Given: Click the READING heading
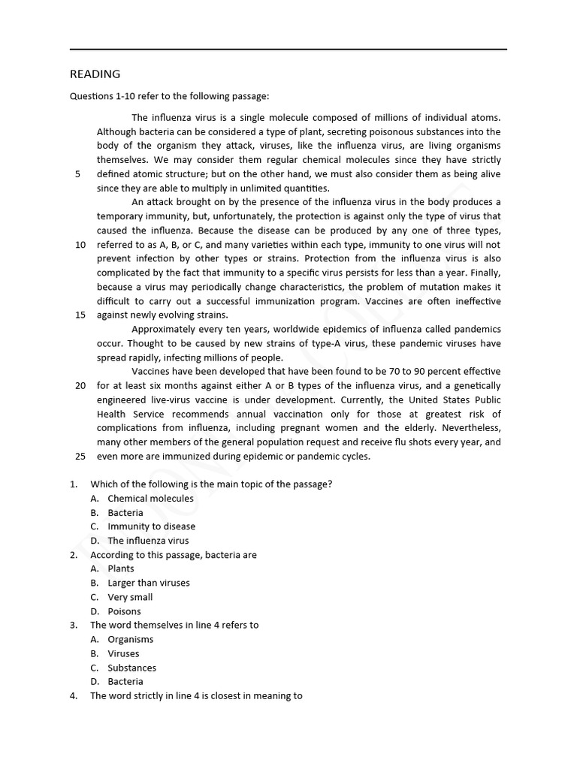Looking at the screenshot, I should coord(95,74).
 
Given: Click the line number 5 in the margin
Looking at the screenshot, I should coord(77,174).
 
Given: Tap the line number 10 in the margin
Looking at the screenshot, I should coord(80,245).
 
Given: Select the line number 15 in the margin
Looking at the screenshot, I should coord(80,315).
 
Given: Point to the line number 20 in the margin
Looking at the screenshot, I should coord(80,386).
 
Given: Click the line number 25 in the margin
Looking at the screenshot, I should coord(80,457).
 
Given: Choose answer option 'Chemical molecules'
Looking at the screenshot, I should coord(150,499).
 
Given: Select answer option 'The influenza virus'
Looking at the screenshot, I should coord(148,541).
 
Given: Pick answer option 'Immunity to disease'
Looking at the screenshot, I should coord(151,526).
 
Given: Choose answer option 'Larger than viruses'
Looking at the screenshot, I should coord(149,583).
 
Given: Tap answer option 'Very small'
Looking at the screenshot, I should coord(130,597).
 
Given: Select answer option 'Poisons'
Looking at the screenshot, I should coord(124,611).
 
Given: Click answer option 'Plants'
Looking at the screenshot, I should coord(121,568).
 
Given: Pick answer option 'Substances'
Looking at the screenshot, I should coord(132,668).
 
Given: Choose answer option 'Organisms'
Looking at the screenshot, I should coord(131,639).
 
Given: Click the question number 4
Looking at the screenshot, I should coord(74,696).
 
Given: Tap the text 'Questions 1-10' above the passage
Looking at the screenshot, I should coord(101,96).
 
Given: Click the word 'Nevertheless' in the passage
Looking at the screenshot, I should coord(471,428).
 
